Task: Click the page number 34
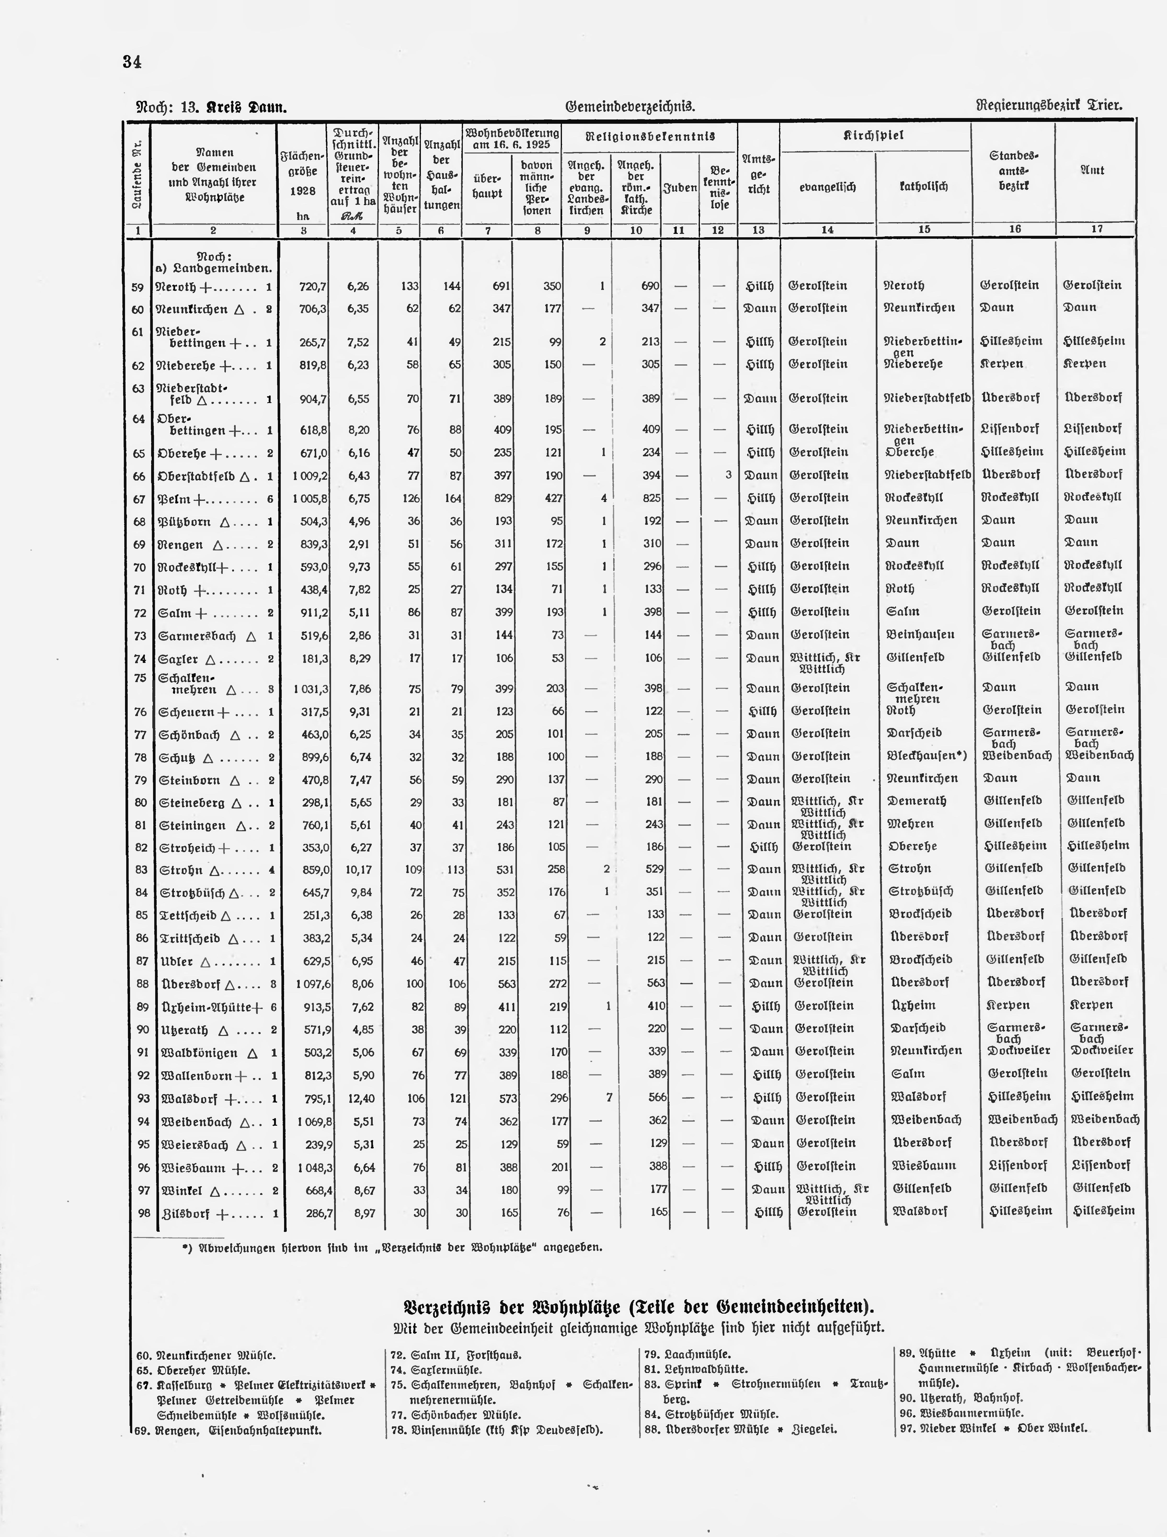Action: click(x=132, y=62)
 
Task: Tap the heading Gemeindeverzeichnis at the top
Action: click(x=630, y=106)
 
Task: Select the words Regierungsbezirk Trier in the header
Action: click(x=1050, y=106)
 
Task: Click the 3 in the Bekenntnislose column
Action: click(x=728, y=475)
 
